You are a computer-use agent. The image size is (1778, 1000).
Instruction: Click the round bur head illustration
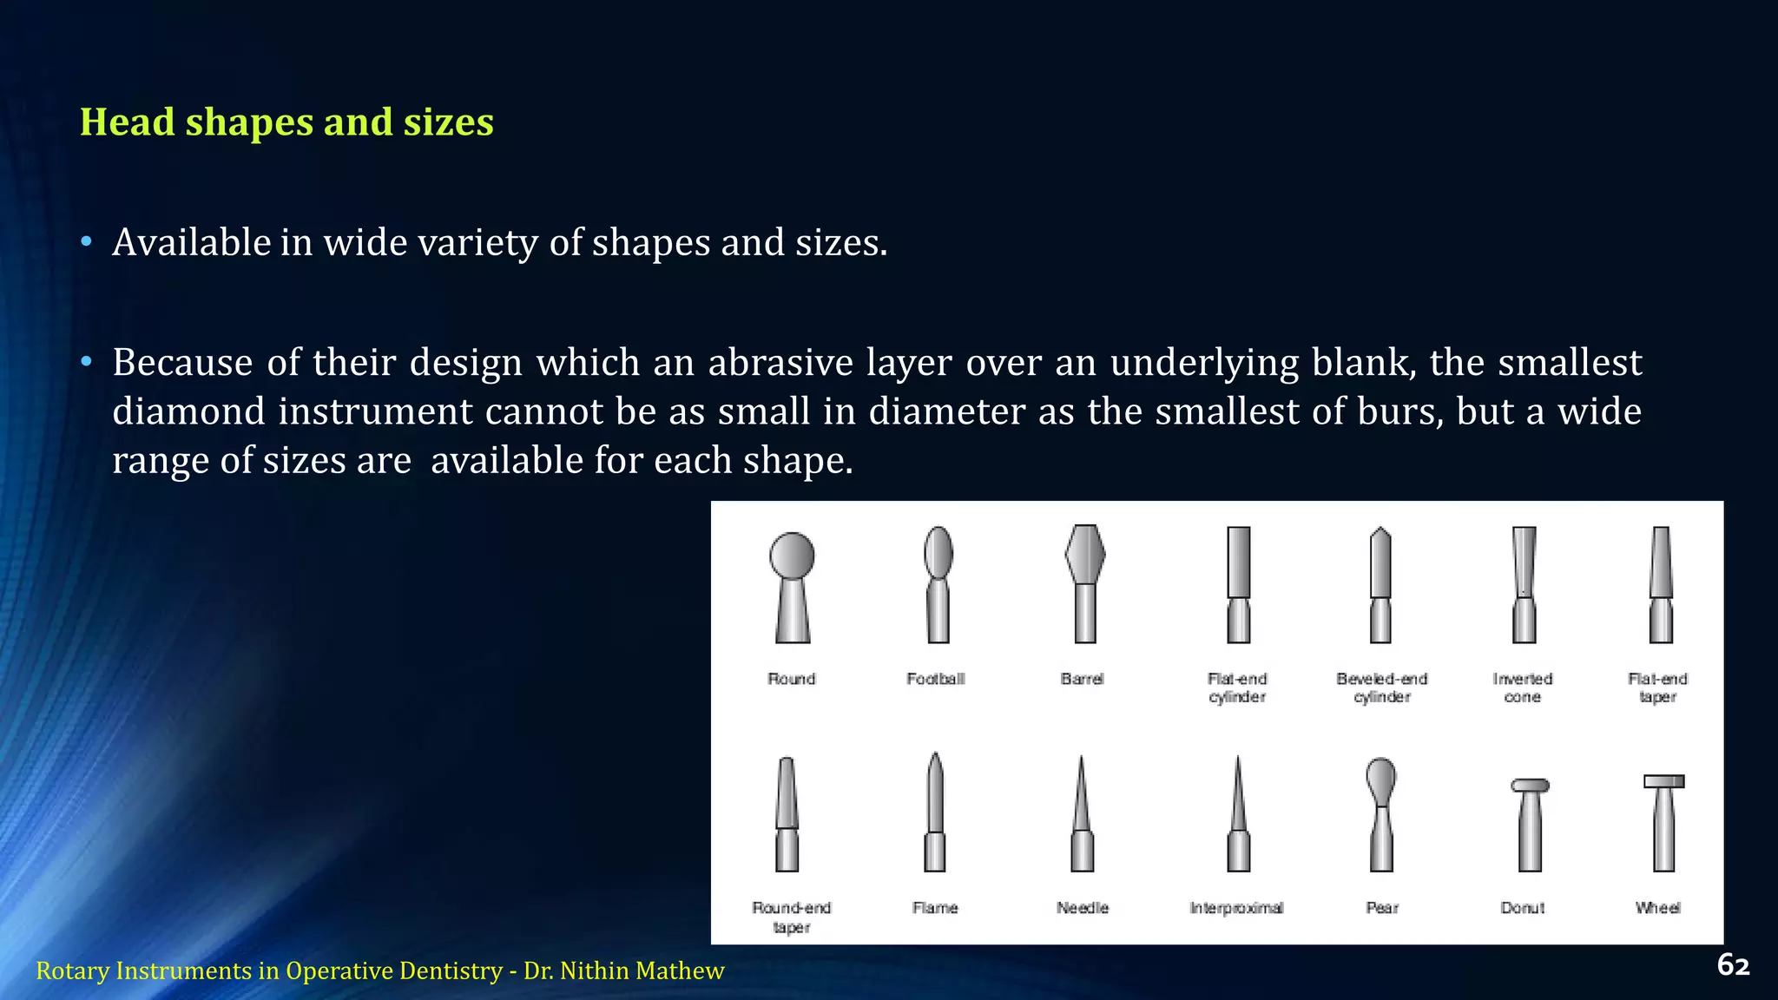pyautogui.click(x=792, y=586)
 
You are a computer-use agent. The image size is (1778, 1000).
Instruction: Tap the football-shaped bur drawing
pyautogui.click(x=938, y=584)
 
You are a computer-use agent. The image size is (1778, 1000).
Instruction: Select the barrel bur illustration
pyautogui.click(x=1084, y=583)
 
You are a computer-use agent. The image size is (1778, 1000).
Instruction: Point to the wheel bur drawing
pyautogui.click(x=1663, y=822)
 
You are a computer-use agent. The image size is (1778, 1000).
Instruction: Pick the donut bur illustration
pyautogui.click(x=1530, y=824)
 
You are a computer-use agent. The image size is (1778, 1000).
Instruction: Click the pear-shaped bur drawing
pyautogui.click(x=1381, y=814)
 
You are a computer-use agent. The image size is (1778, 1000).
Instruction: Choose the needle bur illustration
pyautogui.click(x=1082, y=814)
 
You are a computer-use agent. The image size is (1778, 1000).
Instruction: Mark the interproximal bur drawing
pyautogui.click(x=1238, y=814)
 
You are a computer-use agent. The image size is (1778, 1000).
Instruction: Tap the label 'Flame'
pyautogui.click(x=935, y=908)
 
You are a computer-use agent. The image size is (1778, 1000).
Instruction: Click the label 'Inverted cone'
pyautogui.click(x=1523, y=687)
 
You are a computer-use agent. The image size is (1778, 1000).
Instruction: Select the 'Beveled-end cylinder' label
pyautogui.click(x=1382, y=687)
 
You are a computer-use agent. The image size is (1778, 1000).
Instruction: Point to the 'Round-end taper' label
pyautogui.click(x=792, y=918)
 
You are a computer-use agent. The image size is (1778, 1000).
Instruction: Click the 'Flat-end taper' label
pyautogui.click(x=1657, y=687)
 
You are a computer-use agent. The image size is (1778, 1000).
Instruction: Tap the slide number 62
pyautogui.click(x=1733, y=965)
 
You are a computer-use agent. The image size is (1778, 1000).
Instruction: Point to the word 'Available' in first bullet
pyautogui.click(x=192, y=242)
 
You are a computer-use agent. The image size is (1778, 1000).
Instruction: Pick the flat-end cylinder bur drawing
pyautogui.click(x=1239, y=584)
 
